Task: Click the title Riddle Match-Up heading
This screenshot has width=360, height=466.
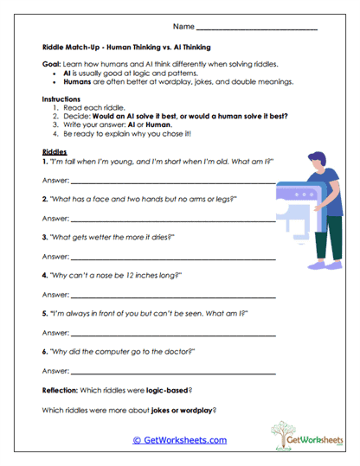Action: point(126,48)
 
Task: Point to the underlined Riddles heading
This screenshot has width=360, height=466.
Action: point(54,150)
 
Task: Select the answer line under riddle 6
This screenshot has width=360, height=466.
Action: point(173,373)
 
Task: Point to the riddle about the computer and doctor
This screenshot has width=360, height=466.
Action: point(122,352)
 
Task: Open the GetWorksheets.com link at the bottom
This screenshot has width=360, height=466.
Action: point(179,440)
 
